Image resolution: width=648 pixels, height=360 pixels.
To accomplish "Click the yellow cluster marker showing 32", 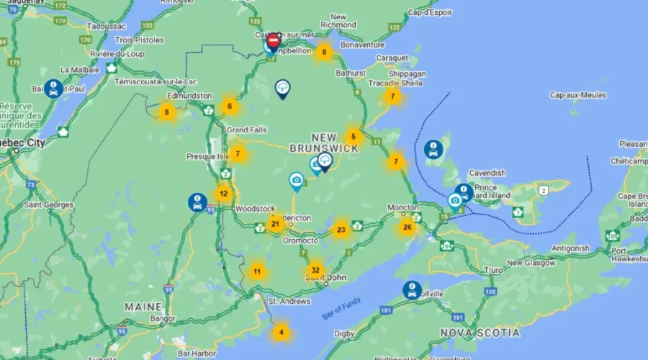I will pyautogui.click(x=315, y=271).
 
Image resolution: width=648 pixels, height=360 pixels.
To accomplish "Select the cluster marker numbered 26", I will pyautogui.click(x=408, y=228).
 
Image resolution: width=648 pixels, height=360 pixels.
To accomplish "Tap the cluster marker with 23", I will pyautogui.click(x=341, y=230).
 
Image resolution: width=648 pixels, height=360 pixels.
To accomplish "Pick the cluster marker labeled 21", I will pyautogui.click(x=275, y=224).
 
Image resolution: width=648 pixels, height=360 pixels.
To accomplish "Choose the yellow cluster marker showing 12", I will pyautogui.click(x=224, y=193).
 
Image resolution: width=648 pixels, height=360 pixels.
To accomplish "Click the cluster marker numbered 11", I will pyautogui.click(x=257, y=271).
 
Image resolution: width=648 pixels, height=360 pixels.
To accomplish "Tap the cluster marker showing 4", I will pyautogui.click(x=282, y=333).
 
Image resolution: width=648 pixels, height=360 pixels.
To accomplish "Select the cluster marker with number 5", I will pyautogui.click(x=353, y=135).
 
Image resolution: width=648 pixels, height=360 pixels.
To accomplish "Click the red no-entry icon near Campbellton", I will pyautogui.click(x=274, y=40).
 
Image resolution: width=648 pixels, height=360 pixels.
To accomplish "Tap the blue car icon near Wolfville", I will pyautogui.click(x=413, y=290).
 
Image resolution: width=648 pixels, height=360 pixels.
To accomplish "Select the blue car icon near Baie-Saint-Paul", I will pyautogui.click(x=53, y=89).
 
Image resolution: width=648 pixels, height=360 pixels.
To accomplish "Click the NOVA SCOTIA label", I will pyautogui.click(x=480, y=333).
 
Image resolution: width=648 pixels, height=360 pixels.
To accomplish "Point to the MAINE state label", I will pyautogui.click(x=143, y=307).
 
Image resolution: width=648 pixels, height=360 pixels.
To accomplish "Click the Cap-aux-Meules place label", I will pyautogui.click(x=578, y=95).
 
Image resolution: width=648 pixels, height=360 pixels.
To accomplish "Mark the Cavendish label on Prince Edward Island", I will pyautogui.click(x=487, y=174).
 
